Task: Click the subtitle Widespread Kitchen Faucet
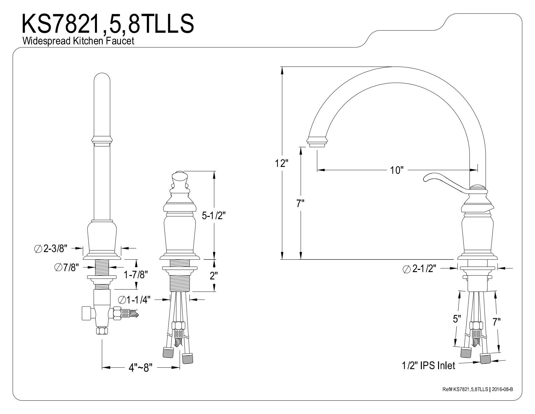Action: pyautogui.click(x=78, y=41)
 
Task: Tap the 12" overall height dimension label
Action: pyautogui.click(x=282, y=163)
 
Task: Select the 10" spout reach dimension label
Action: pyautogui.click(x=397, y=170)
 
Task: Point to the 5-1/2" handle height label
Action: pyautogui.click(x=214, y=216)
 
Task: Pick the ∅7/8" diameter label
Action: pyautogui.click(x=66, y=267)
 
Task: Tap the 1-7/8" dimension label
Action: pyautogui.click(x=136, y=274)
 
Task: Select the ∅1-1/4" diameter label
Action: pyautogui.click(x=134, y=300)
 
